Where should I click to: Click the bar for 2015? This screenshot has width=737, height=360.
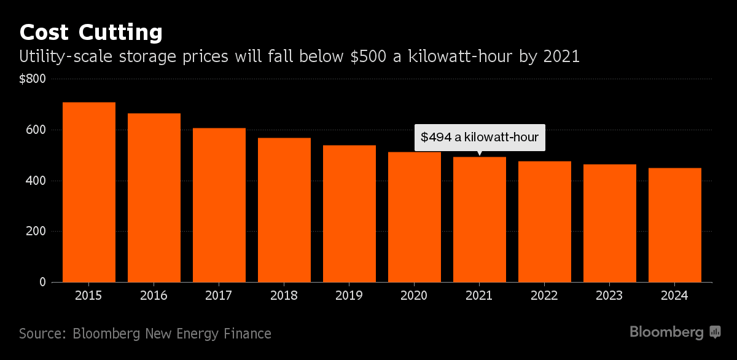(89, 192)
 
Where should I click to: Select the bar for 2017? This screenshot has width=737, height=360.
(219, 205)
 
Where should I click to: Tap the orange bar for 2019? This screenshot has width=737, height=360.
(349, 213)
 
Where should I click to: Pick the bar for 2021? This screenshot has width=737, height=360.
(480, 219)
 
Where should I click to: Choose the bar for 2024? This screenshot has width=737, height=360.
(675, 225)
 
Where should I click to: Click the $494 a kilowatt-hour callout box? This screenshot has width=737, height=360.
(480, 137)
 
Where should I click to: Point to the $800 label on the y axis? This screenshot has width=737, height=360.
(33, 79)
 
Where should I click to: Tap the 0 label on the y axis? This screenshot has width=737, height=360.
(43, 283)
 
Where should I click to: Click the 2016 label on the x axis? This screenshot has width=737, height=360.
(154, 295)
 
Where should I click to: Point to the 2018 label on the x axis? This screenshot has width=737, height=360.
(284, 295)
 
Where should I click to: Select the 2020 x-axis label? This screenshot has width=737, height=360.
(415, 295)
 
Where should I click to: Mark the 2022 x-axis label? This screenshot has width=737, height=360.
(545, 295)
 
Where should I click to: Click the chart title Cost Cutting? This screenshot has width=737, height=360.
(91, 32)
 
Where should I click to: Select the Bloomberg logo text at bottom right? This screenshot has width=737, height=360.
(667, 332)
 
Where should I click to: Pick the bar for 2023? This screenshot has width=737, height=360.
(610, 223)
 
